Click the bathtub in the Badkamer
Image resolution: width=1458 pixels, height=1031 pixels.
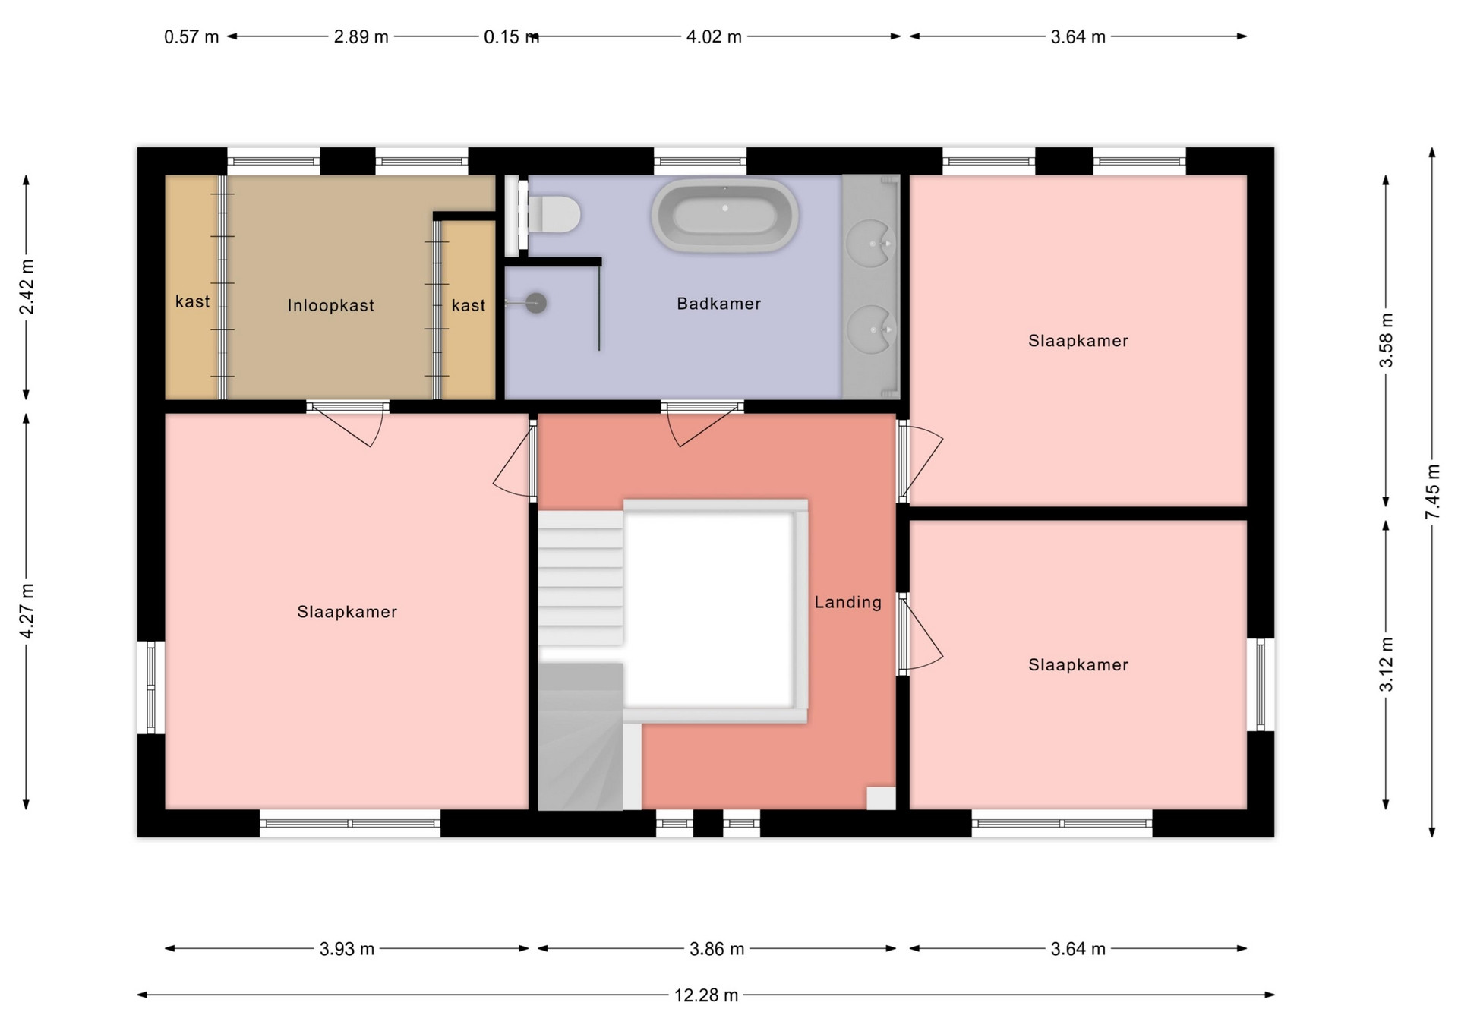tap(724, 215)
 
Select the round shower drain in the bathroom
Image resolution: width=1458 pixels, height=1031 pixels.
tap(536, 303)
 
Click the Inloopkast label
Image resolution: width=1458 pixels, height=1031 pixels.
tap(331, 305)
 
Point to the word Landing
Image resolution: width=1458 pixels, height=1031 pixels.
tap(848, 602)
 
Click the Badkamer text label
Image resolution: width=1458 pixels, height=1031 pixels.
tap(719, 304)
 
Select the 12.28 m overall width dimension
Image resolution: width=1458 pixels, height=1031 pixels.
tap(706, 995)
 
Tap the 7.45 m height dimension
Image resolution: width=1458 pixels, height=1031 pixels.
tap(1432, 492)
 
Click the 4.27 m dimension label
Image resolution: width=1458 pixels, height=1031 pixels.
tap(27, 611)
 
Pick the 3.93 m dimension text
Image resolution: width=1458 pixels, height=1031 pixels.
tap(347, 949)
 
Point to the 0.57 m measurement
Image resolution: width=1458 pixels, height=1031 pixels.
tap(191, 36)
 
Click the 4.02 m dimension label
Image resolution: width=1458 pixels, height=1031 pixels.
tap(714, 36)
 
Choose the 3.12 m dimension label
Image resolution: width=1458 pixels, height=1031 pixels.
tap(1387, 665)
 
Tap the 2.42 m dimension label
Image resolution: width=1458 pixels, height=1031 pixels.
tap(27, 287)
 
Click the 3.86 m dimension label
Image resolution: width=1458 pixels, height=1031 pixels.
tap(717, 949)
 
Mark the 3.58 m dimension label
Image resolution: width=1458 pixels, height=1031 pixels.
tap(1387, 340)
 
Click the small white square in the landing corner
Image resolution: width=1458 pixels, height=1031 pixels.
tap(881, 798)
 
